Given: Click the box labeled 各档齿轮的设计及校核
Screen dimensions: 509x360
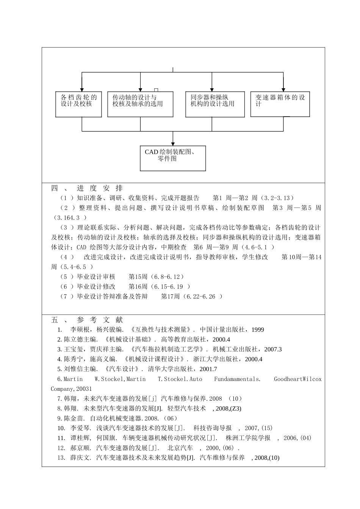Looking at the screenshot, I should (x=78, y=104).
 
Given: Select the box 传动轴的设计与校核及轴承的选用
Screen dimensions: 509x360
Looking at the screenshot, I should (x=140, y=104).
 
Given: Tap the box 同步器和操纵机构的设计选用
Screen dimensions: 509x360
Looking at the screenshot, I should (x=212, y=104).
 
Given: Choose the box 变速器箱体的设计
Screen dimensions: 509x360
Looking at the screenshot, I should (x=280, y=104).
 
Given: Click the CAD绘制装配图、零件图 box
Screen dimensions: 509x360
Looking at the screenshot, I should (x=173, y=158).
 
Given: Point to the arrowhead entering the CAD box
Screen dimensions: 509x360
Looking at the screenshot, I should (x=173, y=144).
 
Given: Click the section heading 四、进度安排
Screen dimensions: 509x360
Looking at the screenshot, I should (x=87, y=188).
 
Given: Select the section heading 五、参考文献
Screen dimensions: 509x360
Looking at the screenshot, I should (x=87, y=320).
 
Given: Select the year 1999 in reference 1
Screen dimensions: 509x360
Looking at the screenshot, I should (x=258, y=330).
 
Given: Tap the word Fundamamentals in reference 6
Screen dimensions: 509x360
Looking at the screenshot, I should (x=237, y=379).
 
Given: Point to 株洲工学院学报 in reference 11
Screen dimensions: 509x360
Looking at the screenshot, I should (x=248, y=438).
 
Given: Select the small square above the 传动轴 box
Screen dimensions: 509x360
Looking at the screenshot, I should (x=156, y=90).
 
